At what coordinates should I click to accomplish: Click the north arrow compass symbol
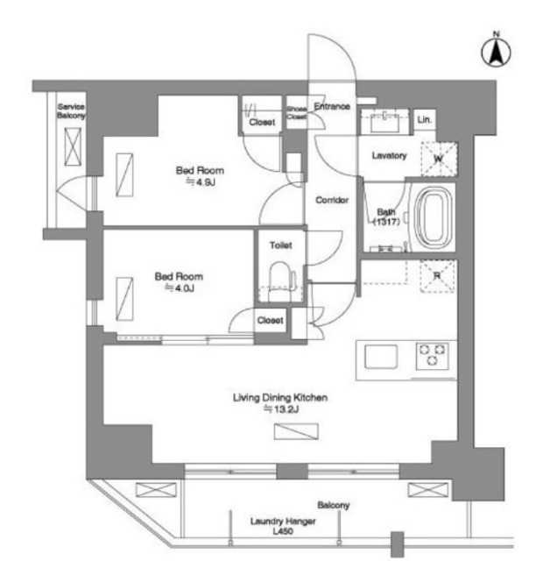point(496,51)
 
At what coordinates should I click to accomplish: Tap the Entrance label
point(332,106)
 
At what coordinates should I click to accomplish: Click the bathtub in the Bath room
point(434,217)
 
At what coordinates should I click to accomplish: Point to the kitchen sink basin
point(380,357)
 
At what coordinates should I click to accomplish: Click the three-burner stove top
point(432,356)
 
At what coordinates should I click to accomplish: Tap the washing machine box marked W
point(439,159)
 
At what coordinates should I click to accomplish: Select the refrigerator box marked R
point(438,276)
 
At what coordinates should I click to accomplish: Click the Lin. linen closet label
point(424,119)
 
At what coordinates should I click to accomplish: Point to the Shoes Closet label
point(296,112)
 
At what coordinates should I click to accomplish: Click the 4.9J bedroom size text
point(201,181)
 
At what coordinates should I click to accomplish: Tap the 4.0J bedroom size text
point(179,288)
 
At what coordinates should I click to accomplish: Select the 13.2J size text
point(280,408)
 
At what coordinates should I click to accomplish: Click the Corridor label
point(332,200)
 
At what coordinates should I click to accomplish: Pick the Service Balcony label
point(71,111)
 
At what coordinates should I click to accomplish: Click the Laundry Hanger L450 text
point(283,526)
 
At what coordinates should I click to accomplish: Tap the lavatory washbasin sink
point(384,123)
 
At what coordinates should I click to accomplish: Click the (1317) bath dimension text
point(386,222)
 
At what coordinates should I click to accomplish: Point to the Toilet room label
point(280,245)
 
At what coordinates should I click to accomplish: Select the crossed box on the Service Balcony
point(73,146)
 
